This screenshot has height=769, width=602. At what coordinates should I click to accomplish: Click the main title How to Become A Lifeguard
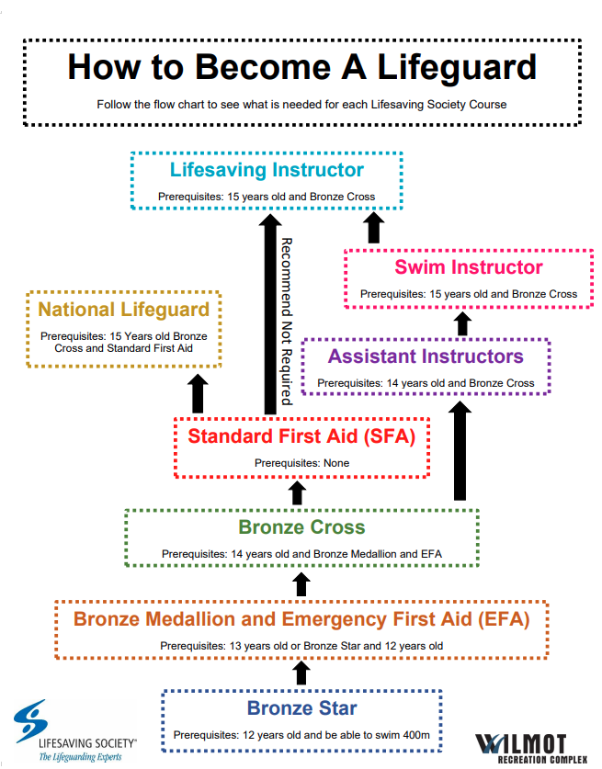point(301,68)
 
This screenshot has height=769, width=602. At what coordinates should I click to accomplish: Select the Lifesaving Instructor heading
point(267,170)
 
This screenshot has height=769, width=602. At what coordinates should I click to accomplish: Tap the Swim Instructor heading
point(469,267)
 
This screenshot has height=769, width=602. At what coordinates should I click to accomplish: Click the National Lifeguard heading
point(124,310)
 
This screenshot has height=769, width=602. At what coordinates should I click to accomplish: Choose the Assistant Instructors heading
point(426,356)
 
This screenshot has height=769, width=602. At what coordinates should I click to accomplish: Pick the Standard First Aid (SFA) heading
point(301,435)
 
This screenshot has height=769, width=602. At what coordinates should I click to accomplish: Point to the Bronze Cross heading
point(301,527)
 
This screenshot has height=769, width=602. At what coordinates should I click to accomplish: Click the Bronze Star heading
point(301,708)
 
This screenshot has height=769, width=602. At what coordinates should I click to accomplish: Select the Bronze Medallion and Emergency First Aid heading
point(301,619)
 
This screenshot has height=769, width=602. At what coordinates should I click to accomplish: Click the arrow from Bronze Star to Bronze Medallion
point(301,673)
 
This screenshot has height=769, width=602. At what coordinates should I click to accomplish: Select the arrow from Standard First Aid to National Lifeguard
point(197,393)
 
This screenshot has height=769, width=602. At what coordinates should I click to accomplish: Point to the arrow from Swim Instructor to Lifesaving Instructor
point(374,227)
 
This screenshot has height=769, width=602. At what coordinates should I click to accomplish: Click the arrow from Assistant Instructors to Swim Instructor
point(462,322)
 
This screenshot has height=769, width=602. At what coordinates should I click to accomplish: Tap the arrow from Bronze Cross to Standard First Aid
point(296,492)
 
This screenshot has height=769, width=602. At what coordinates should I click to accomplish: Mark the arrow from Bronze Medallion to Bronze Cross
point(301,582)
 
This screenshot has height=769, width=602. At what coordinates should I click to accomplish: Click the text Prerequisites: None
point(301,463)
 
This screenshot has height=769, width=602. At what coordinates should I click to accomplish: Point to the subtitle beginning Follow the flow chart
point(301,104)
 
